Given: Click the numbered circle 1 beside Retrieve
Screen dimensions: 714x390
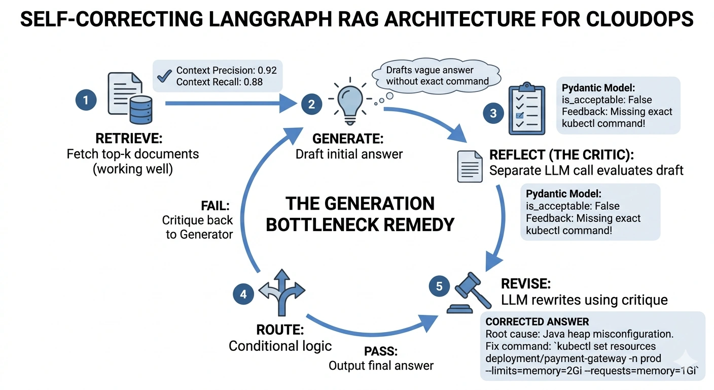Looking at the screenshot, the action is [x=86, y=100].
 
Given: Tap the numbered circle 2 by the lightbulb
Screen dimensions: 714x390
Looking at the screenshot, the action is [x=311, y=104].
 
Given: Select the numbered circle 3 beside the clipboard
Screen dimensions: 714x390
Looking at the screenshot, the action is [x=493, y=113].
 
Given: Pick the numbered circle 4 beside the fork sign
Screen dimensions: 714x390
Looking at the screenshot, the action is [x=243, y=294].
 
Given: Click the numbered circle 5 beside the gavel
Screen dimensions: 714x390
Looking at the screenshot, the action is [x=439, y=286].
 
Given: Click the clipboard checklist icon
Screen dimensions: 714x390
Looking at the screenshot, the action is [x=526, y=109].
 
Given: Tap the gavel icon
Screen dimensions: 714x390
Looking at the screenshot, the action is [x=468, y=292].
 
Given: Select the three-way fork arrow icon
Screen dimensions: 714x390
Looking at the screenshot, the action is [x=282, y=292].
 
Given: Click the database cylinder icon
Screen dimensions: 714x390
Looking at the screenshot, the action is [x=141, y=110].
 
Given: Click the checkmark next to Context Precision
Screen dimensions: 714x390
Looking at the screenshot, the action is [x=164, y=76].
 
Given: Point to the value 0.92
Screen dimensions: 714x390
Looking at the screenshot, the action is [x=267, y=70].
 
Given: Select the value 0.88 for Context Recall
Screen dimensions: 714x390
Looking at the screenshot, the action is [x=253, y=82].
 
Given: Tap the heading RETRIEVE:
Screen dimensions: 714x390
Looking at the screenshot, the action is [x=129, y=139].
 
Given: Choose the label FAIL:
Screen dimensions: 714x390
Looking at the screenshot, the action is [x=215, y=206].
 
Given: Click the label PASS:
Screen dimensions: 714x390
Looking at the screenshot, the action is [x=381, y=351].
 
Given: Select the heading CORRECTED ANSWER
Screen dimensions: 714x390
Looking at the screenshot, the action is [x=537, y=322].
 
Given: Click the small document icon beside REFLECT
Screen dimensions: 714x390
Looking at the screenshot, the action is [x=470, y=166].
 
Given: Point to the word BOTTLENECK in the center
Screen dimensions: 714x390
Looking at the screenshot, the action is [x=322, y=224].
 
